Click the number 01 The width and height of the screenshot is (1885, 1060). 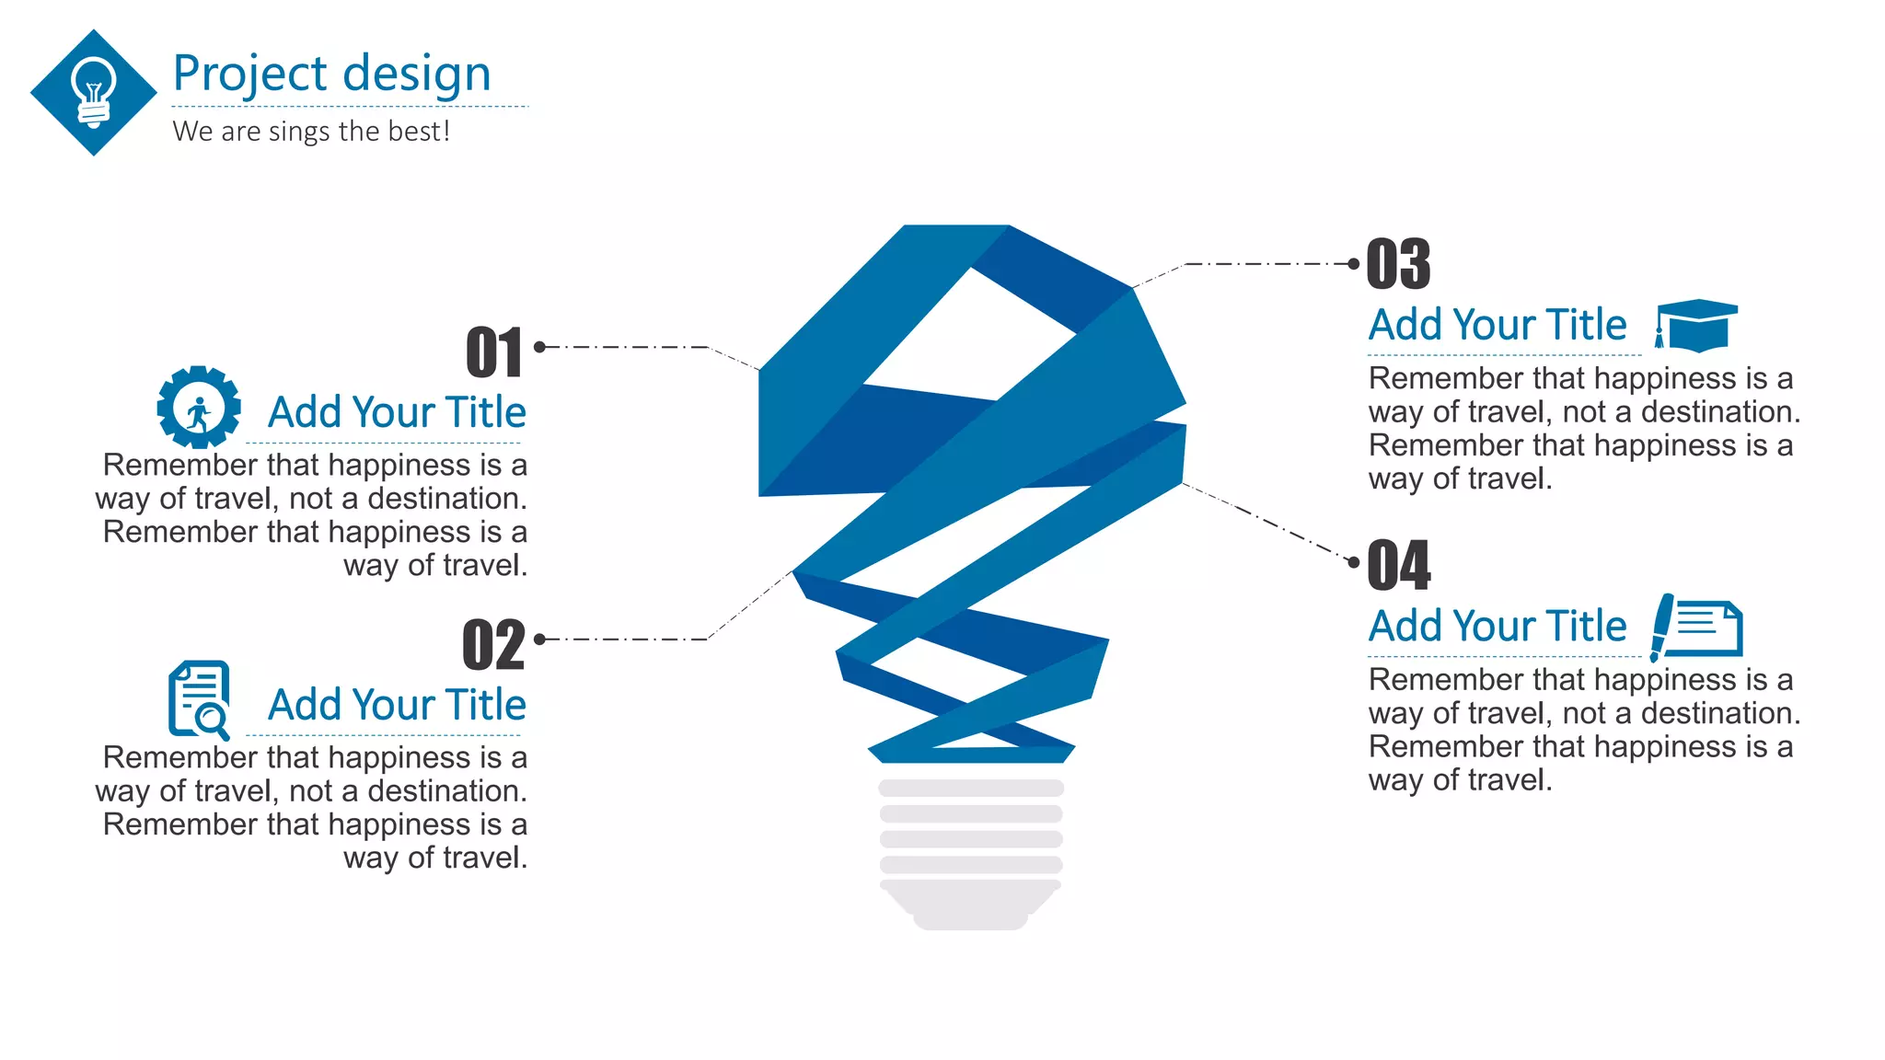494,352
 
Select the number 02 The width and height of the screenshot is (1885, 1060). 493,645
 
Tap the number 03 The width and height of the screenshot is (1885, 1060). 1398,264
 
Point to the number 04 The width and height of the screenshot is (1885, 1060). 1399,565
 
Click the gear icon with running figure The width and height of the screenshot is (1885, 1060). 199,407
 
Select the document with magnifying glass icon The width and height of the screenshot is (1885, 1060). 199,699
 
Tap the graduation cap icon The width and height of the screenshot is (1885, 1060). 1696,325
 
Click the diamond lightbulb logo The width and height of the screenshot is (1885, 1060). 93,92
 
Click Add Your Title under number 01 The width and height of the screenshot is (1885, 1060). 397,412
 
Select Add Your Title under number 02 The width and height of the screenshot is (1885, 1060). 397,705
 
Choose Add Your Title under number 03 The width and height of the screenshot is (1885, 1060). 1498,325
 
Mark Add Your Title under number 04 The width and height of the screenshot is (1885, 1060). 1498,627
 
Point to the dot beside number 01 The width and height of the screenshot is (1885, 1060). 540,347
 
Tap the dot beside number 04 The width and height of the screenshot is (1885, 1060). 1353,562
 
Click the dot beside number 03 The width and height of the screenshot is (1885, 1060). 1353,264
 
